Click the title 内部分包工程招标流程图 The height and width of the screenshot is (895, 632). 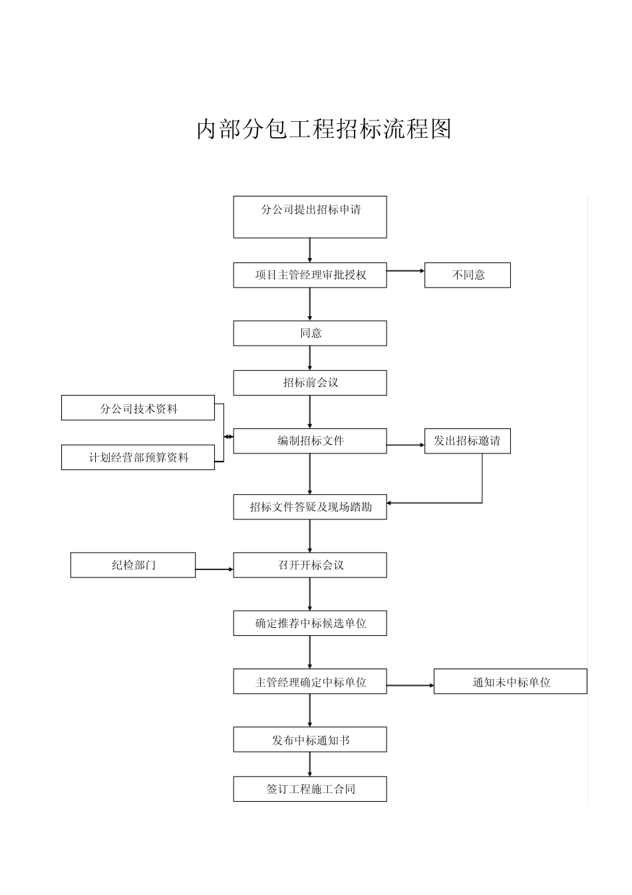tap(324, 129)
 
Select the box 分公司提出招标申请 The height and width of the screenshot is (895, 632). tap(310, 216)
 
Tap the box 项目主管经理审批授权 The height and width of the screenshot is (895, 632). tap(310, 275)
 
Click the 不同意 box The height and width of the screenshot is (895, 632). tap(468, 275)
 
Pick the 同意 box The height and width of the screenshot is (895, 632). tap(310, 333)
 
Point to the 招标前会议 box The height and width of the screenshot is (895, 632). tap(310, 383)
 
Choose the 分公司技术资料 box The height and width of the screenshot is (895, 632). tap(138, 408)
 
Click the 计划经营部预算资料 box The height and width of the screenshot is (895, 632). tap(138, 457)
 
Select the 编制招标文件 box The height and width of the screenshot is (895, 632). tap(310, 441)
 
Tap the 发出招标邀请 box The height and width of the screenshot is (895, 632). tap(468, 441)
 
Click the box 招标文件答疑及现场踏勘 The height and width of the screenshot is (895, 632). tap(310, 507)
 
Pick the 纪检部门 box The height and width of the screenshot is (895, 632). tap(133, 565)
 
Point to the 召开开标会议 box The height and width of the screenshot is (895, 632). tap(310, 565)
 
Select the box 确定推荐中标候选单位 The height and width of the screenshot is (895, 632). tap(310, 623)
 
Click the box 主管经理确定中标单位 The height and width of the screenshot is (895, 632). tap(310, 682)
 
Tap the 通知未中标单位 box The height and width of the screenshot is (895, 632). tap(510, 682)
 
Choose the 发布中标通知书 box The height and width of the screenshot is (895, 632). tap(310, 740)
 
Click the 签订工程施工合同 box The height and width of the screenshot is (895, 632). tap(310, 789)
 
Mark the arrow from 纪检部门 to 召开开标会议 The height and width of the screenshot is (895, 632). tap(214, 569)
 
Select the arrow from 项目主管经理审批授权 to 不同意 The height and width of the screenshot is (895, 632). tap(406, 271)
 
